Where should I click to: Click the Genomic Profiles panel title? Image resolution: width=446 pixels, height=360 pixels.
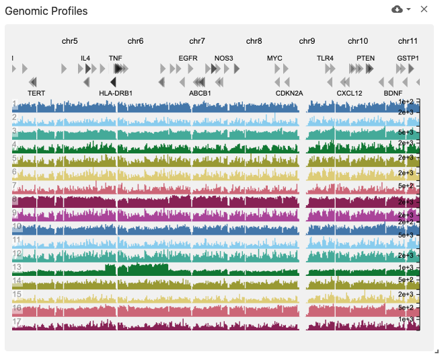pyautogui.click(x=46, y=11)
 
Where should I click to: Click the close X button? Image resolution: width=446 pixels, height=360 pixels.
pyautogui.click(x=424, y=9)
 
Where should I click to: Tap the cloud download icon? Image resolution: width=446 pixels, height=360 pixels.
pyautogui.click(x=398, y=9)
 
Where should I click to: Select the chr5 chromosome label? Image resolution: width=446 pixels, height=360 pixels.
pyautogui.click(x=70, y=41)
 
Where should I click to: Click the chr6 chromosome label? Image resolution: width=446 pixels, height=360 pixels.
pyautogui.click(x=135, y=41)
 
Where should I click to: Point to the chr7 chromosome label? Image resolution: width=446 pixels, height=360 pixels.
pyautogui.click(x=197, y=41)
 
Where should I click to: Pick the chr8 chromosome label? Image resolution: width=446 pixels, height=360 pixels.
pyautogui.click(x=254, y=41)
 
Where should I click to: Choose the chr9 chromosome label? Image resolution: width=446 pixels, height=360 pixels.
pyautogui.click(x=307, y=41)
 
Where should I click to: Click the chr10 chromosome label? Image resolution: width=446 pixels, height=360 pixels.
pyautogui.click(x=358, y=41)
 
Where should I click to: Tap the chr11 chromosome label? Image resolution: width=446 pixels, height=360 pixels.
pyautogui.click(x=408, y=41)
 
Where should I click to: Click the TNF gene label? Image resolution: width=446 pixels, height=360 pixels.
pyautogui.click(x=116, y=59)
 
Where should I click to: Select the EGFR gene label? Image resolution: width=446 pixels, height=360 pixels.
pyautogui.click(x=188, y=59)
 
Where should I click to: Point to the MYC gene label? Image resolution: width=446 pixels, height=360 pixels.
pyautogui.click(x=274, y=59)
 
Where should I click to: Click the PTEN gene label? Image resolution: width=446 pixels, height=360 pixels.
pyautogui.click(x=366, y=59)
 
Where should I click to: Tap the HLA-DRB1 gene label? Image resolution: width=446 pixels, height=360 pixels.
pyautogui.click(x=116, y=93)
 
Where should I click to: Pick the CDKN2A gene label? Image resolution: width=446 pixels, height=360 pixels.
pyautogui.click(x=289, y=93)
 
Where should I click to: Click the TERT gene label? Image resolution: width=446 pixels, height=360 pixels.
pyautogui.click(x=37, y=93)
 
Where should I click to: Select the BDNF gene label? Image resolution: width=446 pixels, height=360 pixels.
pyautogui.click(x=393, y=93)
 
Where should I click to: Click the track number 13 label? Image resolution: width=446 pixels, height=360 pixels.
pyautogui.click(x=16, y=267)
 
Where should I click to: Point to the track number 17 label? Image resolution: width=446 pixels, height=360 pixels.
pyautogui.click(x=16, y=322)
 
